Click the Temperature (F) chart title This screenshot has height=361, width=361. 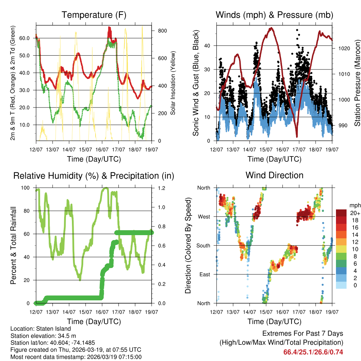coord(94,15)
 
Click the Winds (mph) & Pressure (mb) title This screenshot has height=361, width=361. coord(275,15)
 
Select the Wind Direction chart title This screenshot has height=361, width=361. coord(274,175)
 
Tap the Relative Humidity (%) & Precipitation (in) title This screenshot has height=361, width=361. coord(94,176)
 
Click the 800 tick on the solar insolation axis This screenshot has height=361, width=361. coord(162,31)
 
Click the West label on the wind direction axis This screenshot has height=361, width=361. coord(203,216)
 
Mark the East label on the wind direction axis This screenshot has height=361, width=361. coord(204,274)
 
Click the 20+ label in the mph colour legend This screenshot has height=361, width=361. coord(355,213)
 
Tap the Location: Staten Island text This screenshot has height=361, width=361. coord(41,329)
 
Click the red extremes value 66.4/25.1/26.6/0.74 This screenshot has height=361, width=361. coord(313,352)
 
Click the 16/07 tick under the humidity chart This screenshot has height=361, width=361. coord(102,312)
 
